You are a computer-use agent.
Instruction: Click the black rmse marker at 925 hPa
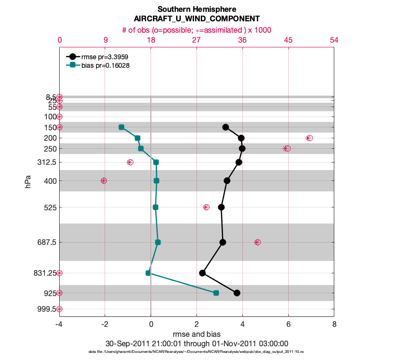coord(237,293)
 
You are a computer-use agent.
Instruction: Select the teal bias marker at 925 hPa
coord(216,293)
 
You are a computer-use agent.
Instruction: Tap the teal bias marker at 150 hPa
coord(121,127)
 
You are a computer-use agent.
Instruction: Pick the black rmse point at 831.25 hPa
coord(202,273)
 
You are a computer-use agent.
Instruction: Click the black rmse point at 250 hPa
coord(242,148)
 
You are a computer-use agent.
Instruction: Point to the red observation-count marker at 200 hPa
coord(309,138)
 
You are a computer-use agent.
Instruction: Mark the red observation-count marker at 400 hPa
coord(104,180)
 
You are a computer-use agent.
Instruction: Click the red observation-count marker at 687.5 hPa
coord(257,242)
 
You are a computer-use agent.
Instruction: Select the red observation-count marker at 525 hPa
coord(206,207)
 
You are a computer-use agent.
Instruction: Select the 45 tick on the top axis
coord(288,40)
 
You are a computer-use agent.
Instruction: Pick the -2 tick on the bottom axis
coord(105,325)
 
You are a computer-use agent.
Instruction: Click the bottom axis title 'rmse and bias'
coord(196,334)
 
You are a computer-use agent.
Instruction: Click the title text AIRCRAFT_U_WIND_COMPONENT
coord(196,19)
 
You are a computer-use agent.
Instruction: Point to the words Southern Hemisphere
coord(196,9)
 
